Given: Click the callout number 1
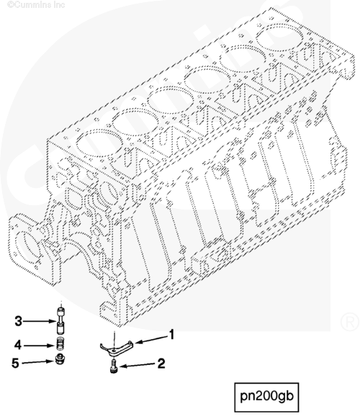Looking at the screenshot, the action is point(171,334).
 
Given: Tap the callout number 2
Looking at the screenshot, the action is point(161,364).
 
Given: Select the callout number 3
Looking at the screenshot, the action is point(18,320).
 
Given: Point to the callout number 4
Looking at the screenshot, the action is point(17,345).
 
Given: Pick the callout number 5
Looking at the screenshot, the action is point(15,363).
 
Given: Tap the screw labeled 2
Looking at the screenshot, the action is point(114,366).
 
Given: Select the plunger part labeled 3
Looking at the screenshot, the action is point(61,321).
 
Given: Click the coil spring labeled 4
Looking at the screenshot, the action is point(61,343).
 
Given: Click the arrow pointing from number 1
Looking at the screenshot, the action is point(150,339).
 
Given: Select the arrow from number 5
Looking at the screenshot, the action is point(38,362).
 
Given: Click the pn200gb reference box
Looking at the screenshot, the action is point(266,397).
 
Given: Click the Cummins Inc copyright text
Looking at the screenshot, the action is point(36,4).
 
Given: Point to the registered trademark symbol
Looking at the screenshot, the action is point(350,322).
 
